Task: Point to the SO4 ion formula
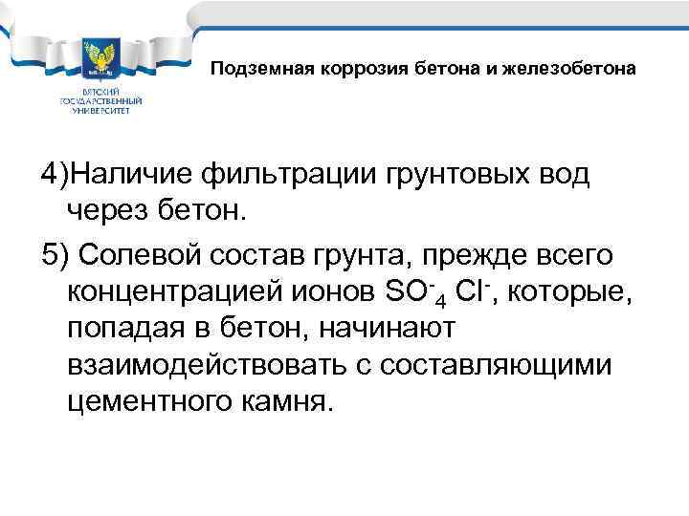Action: pyautogui.click(x=410, y=289)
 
